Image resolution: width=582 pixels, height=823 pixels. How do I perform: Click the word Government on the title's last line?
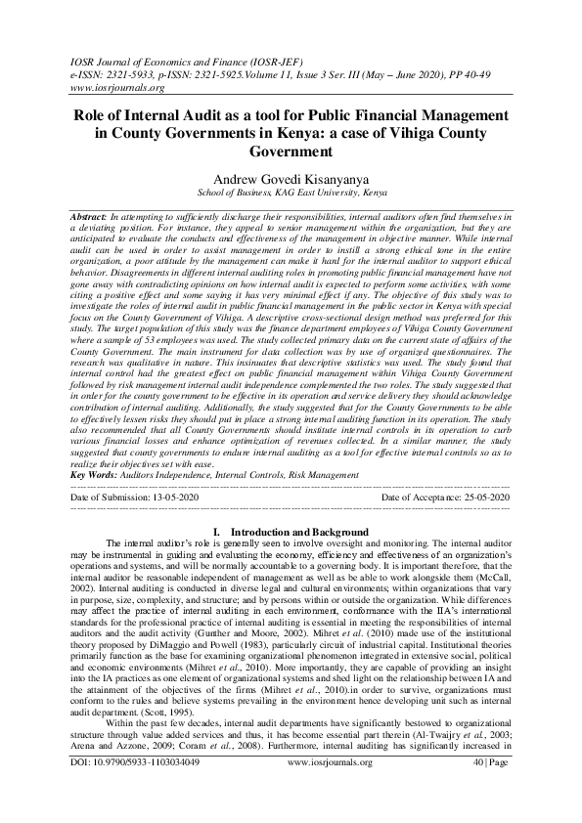[291, 152]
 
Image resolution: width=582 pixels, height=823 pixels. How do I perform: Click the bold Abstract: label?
[92, 214]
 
